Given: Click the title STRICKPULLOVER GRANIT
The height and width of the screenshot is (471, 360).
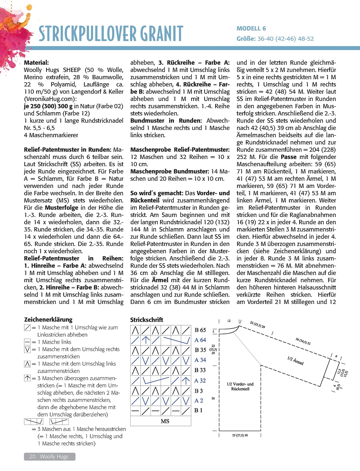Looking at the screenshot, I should (x=111, y=34).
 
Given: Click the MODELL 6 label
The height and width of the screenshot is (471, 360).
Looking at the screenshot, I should (x=251, y=29).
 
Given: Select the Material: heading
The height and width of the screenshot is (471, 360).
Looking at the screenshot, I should (x=36, y=63).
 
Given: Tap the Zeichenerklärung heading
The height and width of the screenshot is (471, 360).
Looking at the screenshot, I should (x=48, y=320).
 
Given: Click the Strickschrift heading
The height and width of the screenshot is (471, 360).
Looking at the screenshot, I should (x=147, y=320).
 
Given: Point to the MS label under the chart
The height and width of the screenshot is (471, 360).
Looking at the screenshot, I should (x=165, y=421).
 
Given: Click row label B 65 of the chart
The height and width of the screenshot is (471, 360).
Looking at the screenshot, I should (x=200, y=330).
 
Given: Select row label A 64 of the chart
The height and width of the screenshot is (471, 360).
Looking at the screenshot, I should (x=200, y=340).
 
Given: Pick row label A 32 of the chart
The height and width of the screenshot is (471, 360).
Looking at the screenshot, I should (x=200, y=381).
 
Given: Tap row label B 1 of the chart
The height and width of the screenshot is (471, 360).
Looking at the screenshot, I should (x=198, y=411).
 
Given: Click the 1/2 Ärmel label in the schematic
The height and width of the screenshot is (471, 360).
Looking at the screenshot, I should (x=295, y=360).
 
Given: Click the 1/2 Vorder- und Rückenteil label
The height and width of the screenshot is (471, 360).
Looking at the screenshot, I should (x=240, y=386).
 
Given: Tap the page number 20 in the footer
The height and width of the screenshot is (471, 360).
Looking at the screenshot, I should (x=32, y=457).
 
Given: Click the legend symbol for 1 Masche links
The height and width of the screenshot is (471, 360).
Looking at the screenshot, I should (x=28, y=342).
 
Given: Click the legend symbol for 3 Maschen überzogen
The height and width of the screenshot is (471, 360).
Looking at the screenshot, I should (x=28, y=378).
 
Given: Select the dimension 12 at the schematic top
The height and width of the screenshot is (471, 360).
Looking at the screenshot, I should (x=229, y=321).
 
